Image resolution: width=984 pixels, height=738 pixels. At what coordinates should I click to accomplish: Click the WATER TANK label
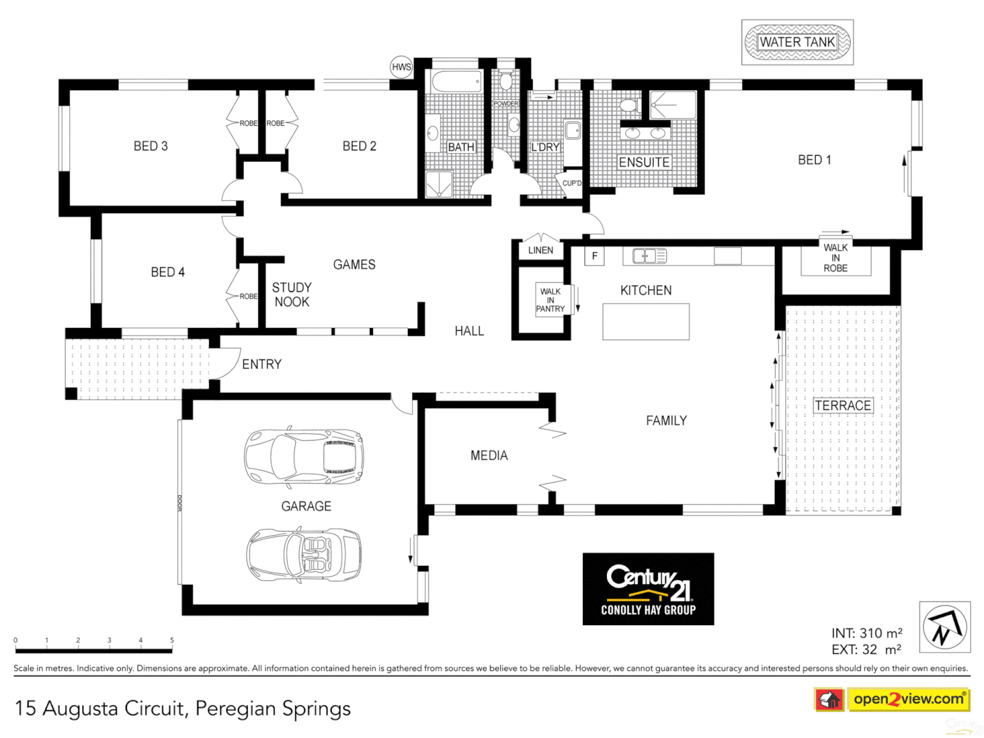click(797, 42)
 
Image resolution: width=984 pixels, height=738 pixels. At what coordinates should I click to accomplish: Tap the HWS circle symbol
click(401, 67)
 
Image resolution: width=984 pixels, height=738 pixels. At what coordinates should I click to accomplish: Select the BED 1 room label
click(814, 160)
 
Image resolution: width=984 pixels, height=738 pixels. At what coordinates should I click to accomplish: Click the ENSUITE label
click(644, 163)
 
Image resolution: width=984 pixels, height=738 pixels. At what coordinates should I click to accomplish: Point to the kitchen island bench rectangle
click(646, 322)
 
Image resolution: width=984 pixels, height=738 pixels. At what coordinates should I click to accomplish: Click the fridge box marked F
click(594, 256)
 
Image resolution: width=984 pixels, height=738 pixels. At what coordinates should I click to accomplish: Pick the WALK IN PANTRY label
click(550, 300)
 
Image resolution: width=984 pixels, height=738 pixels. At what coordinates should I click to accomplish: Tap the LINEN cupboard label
click(541, 250)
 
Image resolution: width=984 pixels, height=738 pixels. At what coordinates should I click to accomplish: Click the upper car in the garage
click(304, 457)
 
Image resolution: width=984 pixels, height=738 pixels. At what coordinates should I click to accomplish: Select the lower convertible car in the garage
click(304, 554)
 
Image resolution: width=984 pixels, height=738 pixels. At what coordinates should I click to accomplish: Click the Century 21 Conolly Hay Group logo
click(648, 589)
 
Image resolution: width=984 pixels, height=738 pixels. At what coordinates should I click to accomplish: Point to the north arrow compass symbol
click(944, 627)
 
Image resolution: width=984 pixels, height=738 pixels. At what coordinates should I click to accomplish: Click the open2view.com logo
click(908, 699)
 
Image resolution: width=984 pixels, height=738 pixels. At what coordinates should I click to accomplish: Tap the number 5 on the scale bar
click(172, 641)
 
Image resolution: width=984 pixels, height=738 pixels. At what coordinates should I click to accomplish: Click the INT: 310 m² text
click(866, 633)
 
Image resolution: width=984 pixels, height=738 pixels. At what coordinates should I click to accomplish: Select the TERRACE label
click(843, 406)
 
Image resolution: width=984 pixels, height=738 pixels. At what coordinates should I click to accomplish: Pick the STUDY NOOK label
click(292, 295)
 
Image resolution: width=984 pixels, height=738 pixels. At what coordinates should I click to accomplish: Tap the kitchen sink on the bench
click(648, 256)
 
